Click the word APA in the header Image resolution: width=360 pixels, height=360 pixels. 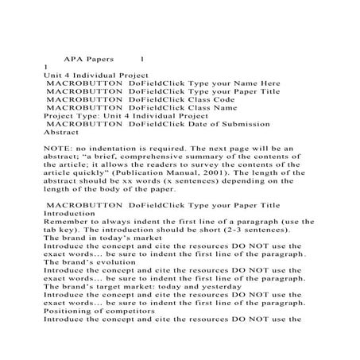click(75, 59)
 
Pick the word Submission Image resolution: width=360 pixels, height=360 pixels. click(243, 123)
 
